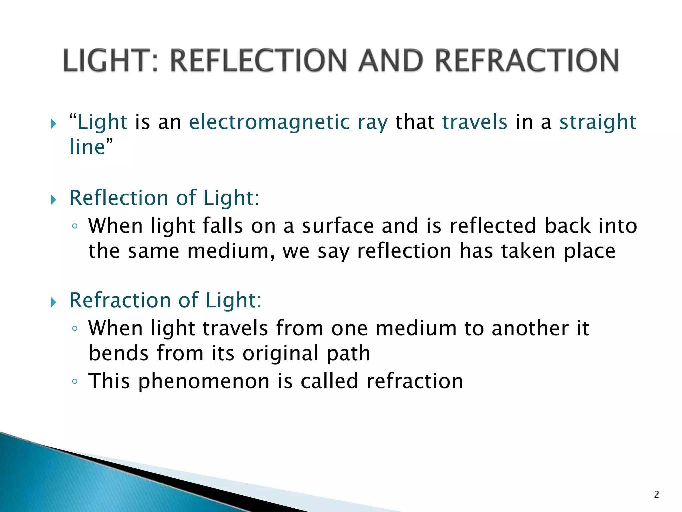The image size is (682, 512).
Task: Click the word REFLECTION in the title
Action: pyautogui.click(x=260, y=61)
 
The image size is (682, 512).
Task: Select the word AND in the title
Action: pyautogui.click(x=392, y=61)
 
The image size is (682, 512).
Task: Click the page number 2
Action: pyautogui.click(x=656, y=494)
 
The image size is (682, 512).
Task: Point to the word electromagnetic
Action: pyautogui.click(x=269, y=122)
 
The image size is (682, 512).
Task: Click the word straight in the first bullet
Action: pyautogui.click(x=598, y=122)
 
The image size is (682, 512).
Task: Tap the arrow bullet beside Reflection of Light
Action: pyautogui.click(x=54, y=200)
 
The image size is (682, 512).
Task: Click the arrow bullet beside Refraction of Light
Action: pyautogui.click(x=54, y=302)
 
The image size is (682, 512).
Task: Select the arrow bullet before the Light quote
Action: pyautogui.click(x=54, y=124)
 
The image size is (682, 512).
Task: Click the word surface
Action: pyautogui.click(x=338, y=226)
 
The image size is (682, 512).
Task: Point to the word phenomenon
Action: pyautogui.click(x=204, y=381)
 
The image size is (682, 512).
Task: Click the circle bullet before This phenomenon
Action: pyautogui.click(x=75, y=381)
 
